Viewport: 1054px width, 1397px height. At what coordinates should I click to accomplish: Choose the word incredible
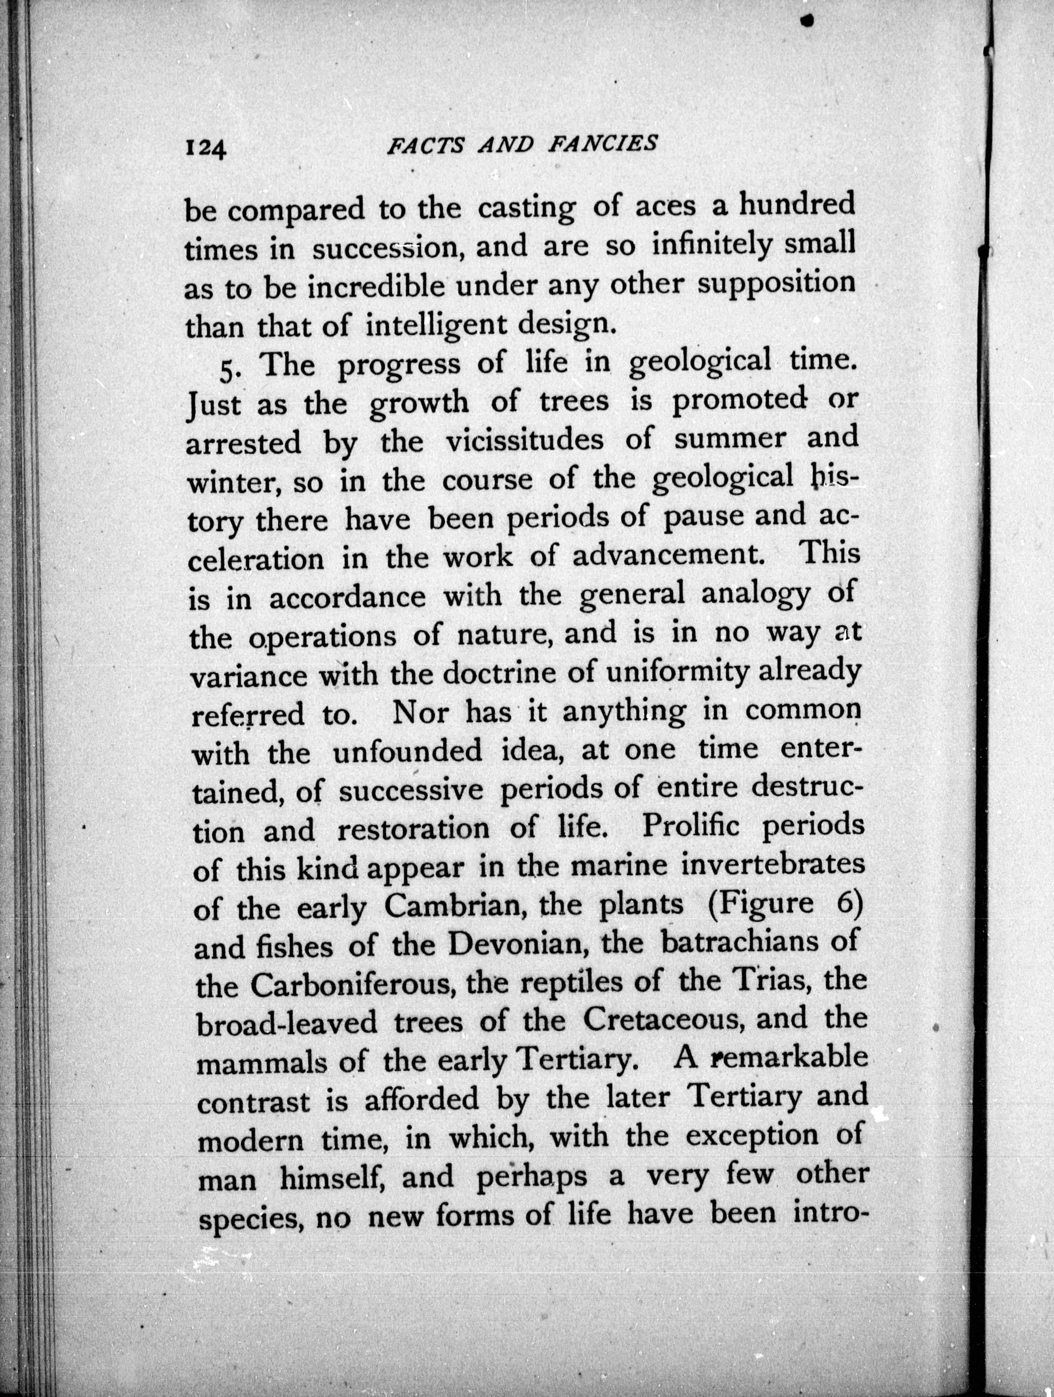(x=377, y=288)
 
